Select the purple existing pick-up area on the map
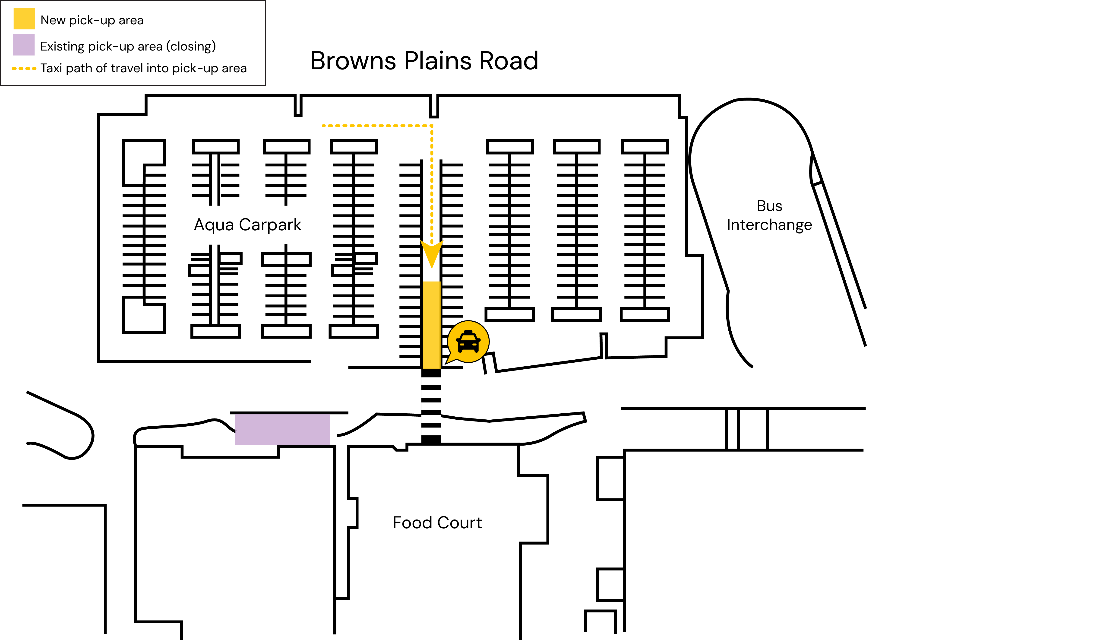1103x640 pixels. point(282,429)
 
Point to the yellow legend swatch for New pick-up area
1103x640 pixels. point(24,19)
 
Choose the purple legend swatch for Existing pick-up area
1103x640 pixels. point(24,45)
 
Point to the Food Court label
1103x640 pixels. point(437,523)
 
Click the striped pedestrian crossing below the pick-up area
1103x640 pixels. point(431,406)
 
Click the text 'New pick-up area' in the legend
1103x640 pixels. point(92,20)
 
